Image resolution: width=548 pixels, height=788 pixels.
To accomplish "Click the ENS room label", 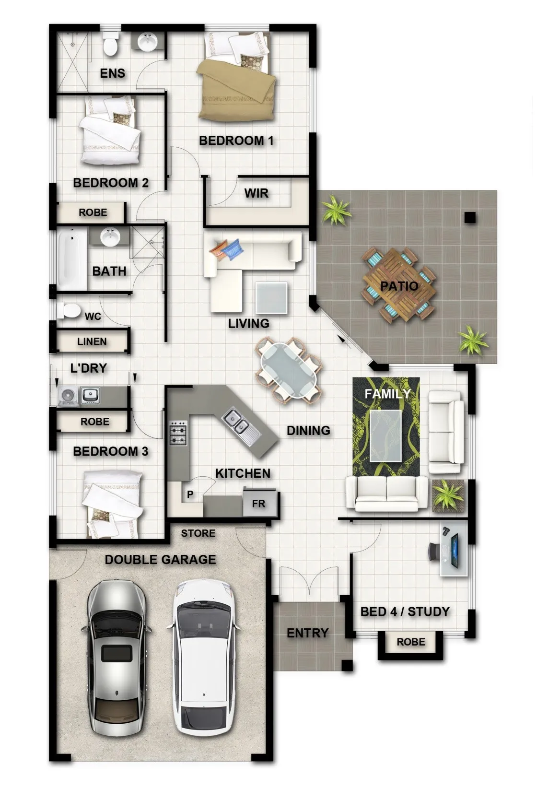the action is click(113, 73).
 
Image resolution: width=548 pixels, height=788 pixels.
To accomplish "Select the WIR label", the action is click(257, 193).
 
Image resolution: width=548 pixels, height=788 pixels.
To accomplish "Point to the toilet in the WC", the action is click(69, 311).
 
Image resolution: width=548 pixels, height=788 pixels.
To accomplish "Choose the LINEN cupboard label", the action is click(92, 341).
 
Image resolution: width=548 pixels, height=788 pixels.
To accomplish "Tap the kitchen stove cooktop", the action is click(178, 433).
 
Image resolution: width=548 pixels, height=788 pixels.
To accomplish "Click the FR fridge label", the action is click(258, 504).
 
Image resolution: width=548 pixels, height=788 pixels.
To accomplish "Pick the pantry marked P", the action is click(190, 494).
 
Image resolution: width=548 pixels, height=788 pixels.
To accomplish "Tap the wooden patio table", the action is click(399, 285).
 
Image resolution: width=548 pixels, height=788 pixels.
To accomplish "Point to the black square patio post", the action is click(470, 218).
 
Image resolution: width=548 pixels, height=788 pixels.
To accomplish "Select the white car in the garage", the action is click(204, 658).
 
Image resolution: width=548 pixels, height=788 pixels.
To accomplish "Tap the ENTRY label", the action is click(307, 633).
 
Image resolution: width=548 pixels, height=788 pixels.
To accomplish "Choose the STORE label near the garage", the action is click(198, 533).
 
